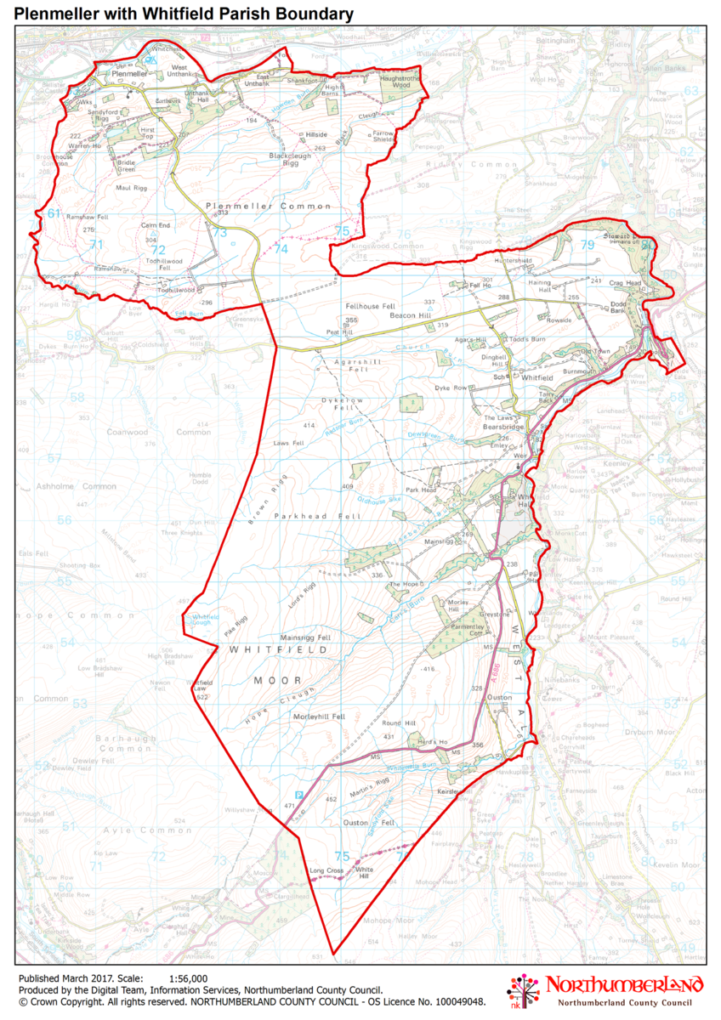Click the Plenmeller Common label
(x=267, y=207)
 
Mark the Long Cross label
(x=326, y=870)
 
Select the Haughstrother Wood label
(x=400, y=82)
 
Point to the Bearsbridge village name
(x=505, y=427)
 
